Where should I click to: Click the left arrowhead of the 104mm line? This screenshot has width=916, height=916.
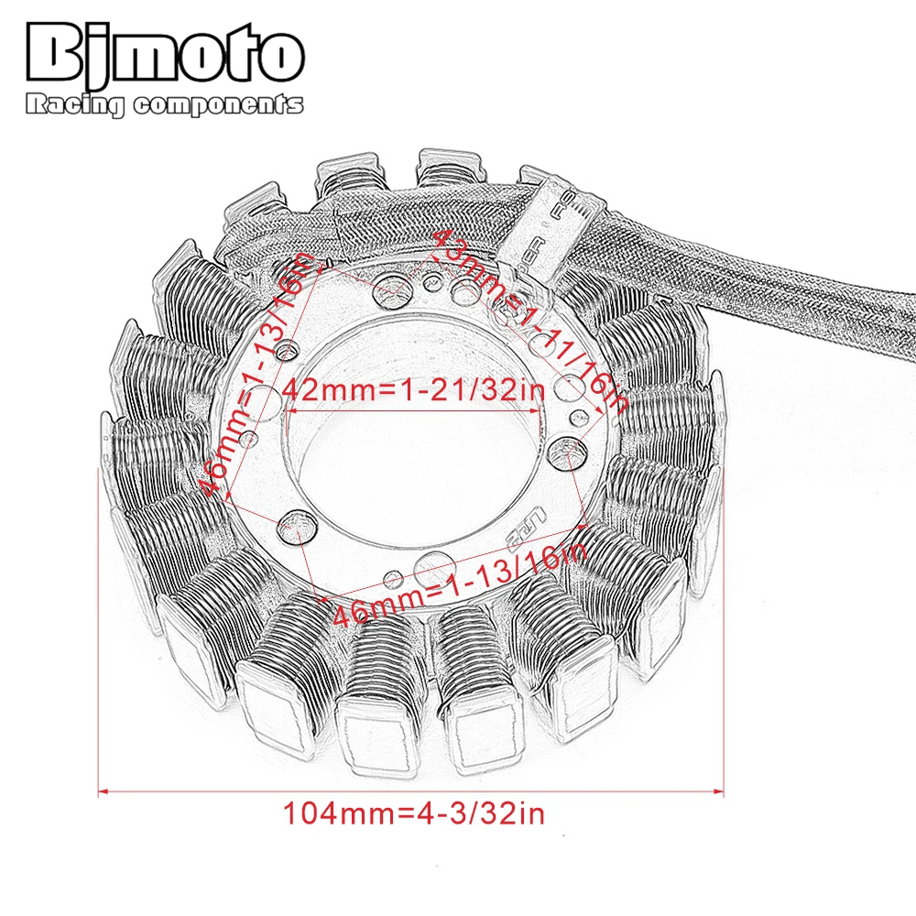click(x=103, y=789)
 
